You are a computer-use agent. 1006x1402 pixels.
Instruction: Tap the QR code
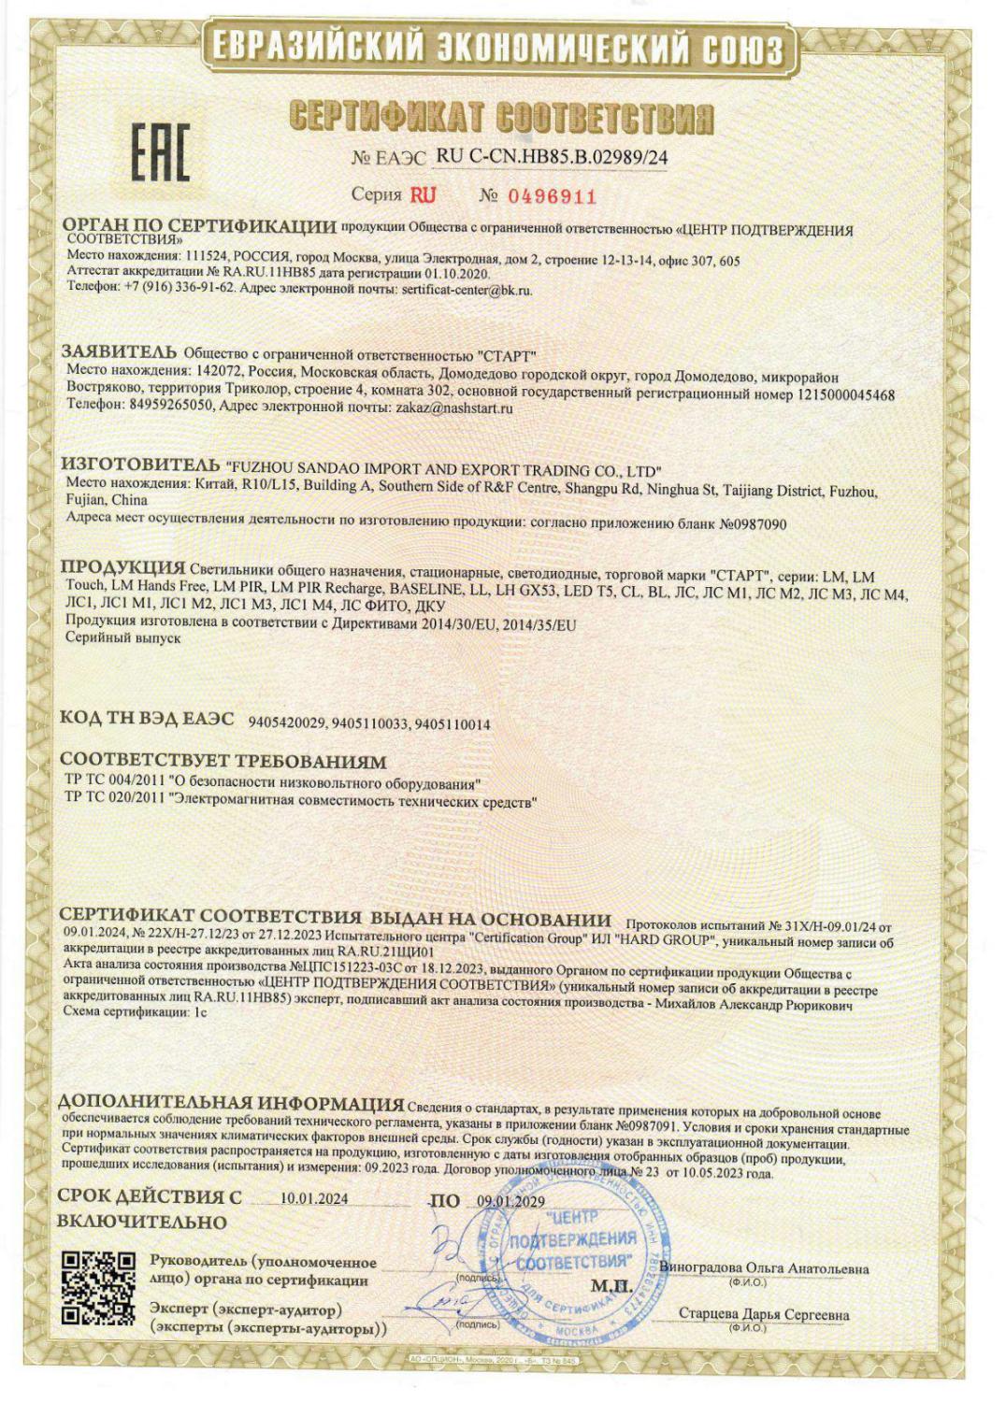[x=96, y=1288]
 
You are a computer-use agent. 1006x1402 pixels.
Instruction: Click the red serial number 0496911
[x=552, y=195]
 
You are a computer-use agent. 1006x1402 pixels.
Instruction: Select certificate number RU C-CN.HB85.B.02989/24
[x=552, y=157]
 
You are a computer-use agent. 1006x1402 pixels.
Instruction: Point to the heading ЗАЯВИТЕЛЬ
[x=119, y=352]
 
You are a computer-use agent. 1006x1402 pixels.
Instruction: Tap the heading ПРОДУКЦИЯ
[x=122, y=567]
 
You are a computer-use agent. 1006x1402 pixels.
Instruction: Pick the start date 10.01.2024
[x=313, y=1199]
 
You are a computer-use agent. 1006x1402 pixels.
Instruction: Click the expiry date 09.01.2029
[x=510, y=1201]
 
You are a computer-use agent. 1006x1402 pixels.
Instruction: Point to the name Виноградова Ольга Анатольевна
[x=764, y=1268]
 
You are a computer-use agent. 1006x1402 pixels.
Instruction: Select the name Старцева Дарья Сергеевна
[x=764, y=1315]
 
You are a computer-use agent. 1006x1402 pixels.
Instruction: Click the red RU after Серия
[x=422, y=194]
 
